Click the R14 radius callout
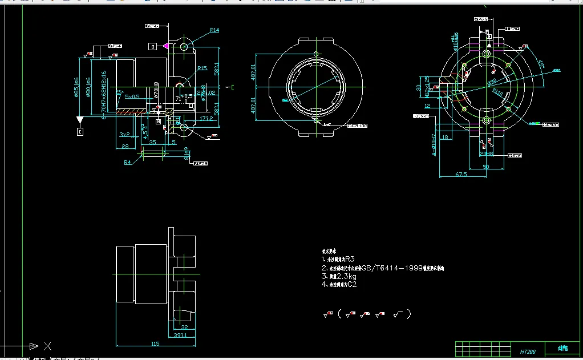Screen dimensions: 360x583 click(214, 30)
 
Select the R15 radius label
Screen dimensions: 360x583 click(202, 68)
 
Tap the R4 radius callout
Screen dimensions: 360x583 click(128, 162)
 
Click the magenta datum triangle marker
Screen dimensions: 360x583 click(165, 45)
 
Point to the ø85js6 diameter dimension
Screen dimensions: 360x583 click(76, 88)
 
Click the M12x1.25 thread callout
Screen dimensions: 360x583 click(427, 86)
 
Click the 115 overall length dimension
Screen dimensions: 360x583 click(155, 344)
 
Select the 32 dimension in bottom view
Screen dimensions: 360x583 click(184, 327)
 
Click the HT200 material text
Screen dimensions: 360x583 click(528, 352)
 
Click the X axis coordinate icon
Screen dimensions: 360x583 click(47, 346)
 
